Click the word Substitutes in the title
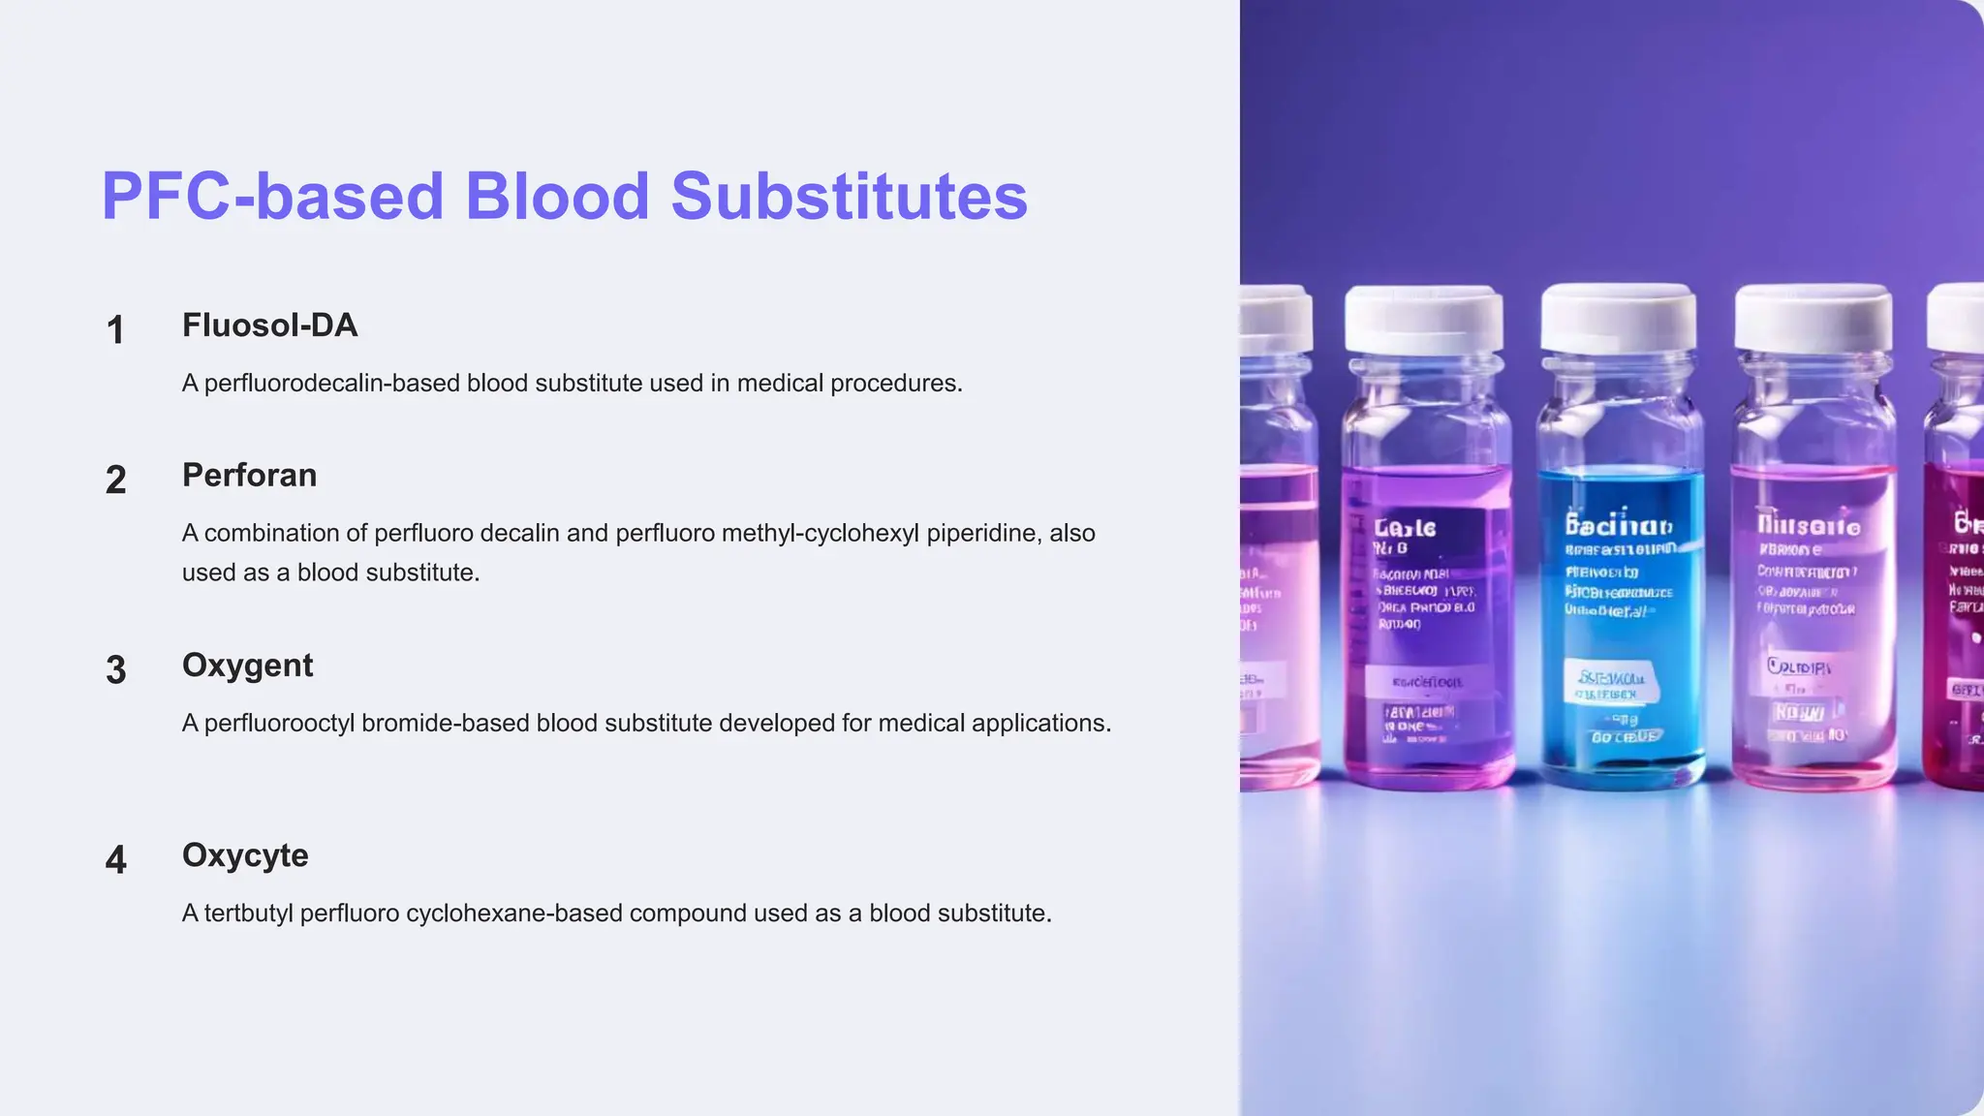[849, 197]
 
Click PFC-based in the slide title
[272, 197]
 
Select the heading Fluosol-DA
[269, 325]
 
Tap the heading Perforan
[249, 476]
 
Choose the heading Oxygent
[247, 666]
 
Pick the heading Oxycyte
[245, 855]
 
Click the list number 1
[115, 330]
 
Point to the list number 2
[115, 480]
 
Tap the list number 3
[115, 670]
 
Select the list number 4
[115, 860]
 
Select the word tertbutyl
[248, 914]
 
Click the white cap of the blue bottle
[1618, 318]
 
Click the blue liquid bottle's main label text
[1618, 526]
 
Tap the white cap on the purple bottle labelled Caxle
[1424, 320]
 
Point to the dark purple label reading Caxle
[1406, 529]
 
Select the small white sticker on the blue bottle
[1611, 684]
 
